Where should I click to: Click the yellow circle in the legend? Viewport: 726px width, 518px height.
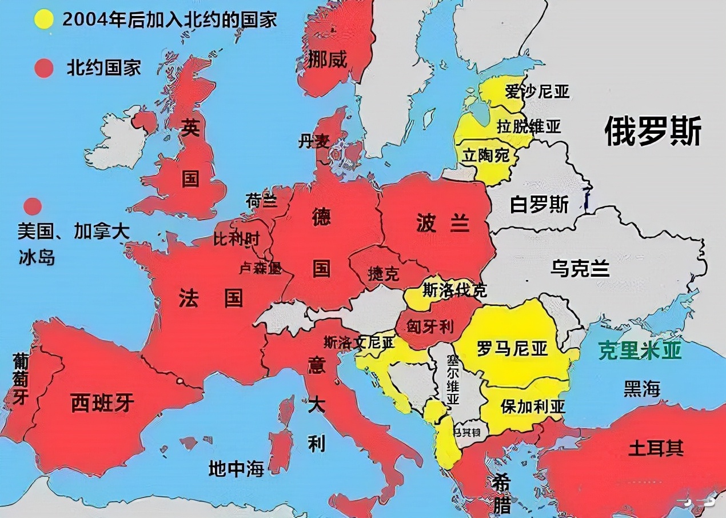point(43,19)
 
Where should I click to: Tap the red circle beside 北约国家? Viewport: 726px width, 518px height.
point(43,69)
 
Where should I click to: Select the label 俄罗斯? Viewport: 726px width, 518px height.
point(653,132)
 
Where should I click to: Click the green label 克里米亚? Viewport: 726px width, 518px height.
point(640,350)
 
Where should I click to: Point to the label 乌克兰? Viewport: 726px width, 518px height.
point(580,268)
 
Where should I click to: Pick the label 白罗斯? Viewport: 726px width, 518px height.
point(539,204)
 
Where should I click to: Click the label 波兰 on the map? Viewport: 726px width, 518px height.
point(443,224)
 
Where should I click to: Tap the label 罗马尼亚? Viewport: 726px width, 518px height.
point(512,348)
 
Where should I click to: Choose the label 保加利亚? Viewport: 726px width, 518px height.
point(533,407)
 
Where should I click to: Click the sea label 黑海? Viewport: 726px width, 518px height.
point(642,389)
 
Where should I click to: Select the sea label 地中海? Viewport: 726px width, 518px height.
point(236,469)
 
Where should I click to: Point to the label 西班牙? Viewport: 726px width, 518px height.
point(102,403)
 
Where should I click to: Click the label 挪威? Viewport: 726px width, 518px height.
point(328,59)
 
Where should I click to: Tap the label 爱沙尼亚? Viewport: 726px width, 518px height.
point(537,91)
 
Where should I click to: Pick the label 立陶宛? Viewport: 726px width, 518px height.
point(486,154)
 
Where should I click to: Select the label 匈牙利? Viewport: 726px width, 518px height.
point(430,326)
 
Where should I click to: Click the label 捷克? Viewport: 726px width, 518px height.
point(384,274)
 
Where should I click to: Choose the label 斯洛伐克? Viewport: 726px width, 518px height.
point(454,290)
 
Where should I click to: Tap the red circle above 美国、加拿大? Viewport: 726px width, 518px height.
point(33,206)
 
